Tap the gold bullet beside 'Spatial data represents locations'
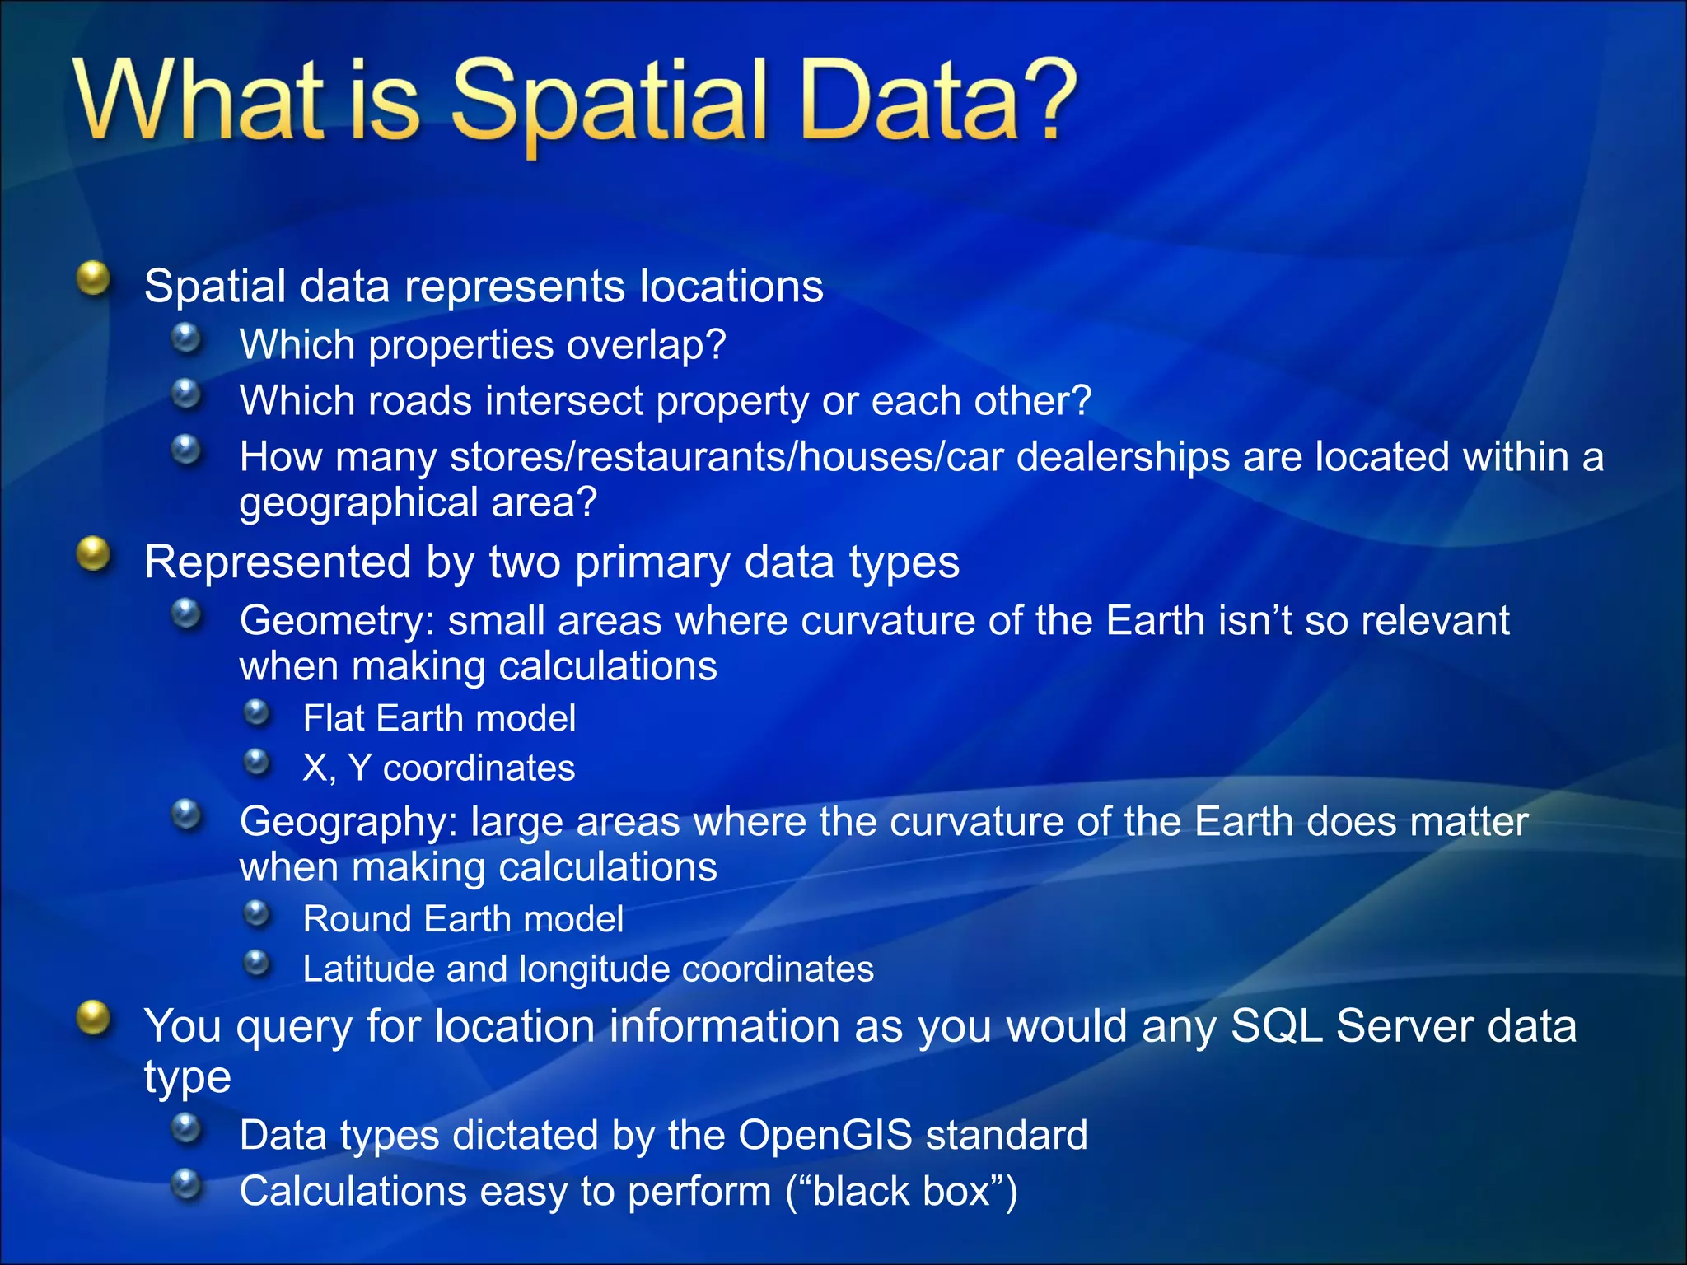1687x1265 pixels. click(x=93, y=278)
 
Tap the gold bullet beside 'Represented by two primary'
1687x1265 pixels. click(x=93, y=554)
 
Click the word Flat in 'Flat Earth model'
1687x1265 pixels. click(x=333, y=718)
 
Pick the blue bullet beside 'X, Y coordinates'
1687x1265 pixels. click(x=257, y=762)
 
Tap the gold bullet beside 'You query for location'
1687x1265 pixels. click(x=93, y=1018)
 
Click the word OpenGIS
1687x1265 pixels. click(x=825, y=1136)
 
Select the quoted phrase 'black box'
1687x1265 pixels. click(x=901, y=1192)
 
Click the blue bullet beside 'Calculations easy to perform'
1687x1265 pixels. click(x=187, y=1185)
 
